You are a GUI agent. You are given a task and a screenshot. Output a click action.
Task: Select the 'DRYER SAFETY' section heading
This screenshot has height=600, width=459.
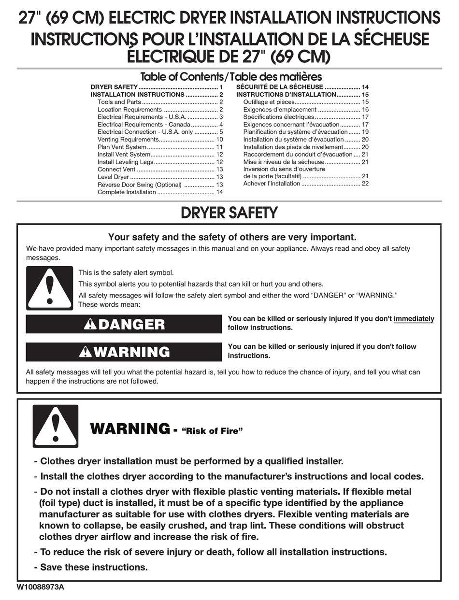[229, 213]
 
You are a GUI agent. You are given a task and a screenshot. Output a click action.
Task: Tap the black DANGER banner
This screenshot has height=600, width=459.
[124, 324]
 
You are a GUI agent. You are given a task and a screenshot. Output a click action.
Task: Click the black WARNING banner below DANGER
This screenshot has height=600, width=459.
[124, 352]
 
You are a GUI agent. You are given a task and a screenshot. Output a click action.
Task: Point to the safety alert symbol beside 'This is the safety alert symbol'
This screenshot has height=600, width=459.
[49, 288]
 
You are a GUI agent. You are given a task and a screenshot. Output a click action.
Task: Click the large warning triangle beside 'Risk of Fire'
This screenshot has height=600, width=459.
[55, 426]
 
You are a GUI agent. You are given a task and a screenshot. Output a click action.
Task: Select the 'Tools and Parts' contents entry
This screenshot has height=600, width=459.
[119, 102]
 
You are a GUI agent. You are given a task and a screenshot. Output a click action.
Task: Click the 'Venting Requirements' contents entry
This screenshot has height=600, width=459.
[128, 140]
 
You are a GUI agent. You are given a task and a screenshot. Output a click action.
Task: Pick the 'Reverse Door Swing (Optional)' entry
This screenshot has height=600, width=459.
[140, 185]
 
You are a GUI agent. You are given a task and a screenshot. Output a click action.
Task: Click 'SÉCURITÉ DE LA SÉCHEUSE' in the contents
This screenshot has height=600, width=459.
[280, 87]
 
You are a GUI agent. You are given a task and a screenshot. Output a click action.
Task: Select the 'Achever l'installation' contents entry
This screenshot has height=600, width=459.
[272, 184]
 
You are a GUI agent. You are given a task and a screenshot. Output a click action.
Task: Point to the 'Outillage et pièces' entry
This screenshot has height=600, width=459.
[269, 102]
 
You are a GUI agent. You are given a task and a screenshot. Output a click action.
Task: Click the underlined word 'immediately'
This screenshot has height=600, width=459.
[414, 319]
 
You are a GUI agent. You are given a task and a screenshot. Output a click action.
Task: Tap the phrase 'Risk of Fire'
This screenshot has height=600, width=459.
[211, 431]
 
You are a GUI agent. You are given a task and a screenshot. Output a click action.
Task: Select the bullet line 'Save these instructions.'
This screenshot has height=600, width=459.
[94, 567]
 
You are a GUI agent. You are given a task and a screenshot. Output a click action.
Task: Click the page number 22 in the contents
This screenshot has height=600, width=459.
[365, 184]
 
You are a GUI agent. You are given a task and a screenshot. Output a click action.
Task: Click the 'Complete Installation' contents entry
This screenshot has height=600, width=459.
[127, 192]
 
